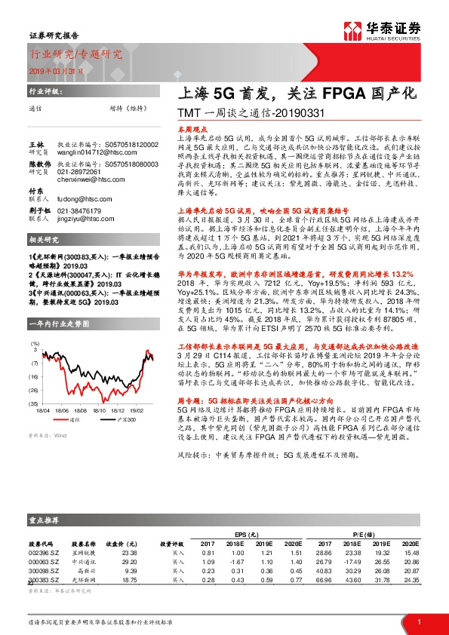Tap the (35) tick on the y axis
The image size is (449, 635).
pyautogui.click(x=33, y=403)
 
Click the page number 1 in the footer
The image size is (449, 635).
pyautogui.click(x=418, y=621)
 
